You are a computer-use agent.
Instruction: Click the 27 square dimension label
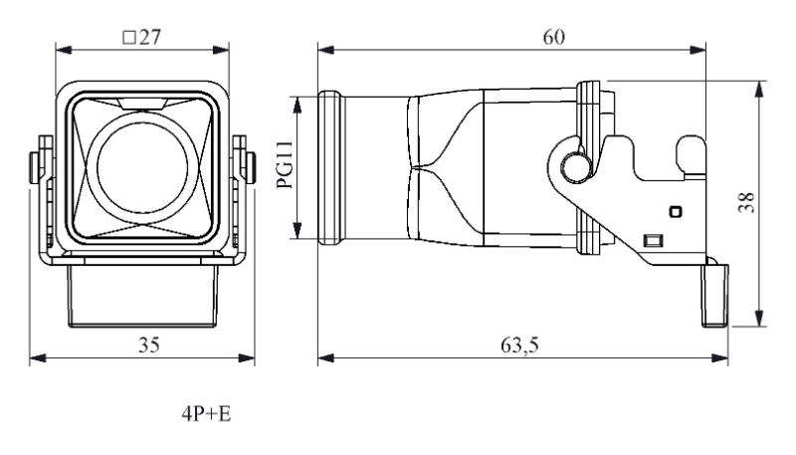(142, 37)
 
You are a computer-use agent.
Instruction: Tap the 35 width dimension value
(148, 345)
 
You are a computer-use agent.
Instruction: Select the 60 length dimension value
(553, 37)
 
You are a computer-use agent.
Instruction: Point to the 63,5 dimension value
(519, 345)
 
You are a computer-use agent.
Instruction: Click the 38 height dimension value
(747, 203)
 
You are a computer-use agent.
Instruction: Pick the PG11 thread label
(285, 164)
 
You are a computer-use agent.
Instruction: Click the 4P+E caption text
(206, 414)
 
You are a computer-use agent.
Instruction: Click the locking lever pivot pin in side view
(576, 166)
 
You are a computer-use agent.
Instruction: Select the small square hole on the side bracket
(676, 211)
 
